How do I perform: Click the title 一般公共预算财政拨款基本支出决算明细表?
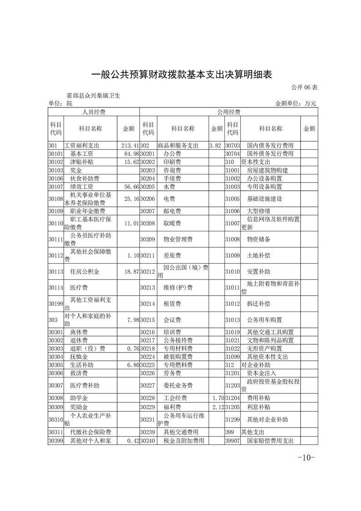[182, 75]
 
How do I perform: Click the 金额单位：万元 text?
[295, 104]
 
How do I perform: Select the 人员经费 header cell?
[93, 112]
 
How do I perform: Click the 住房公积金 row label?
[85, 272]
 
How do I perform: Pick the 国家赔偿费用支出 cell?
[270, 441]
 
